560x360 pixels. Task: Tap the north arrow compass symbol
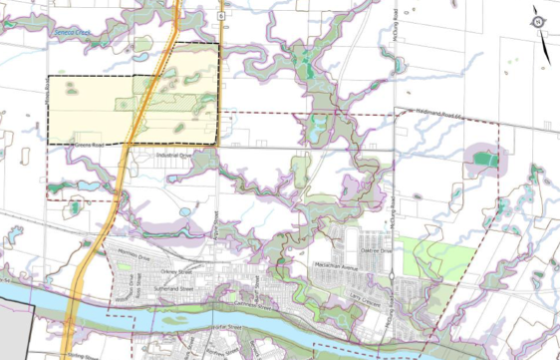point(538,19)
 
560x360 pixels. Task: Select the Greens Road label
point(92,145)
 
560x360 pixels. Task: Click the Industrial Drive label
point(173,157)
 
